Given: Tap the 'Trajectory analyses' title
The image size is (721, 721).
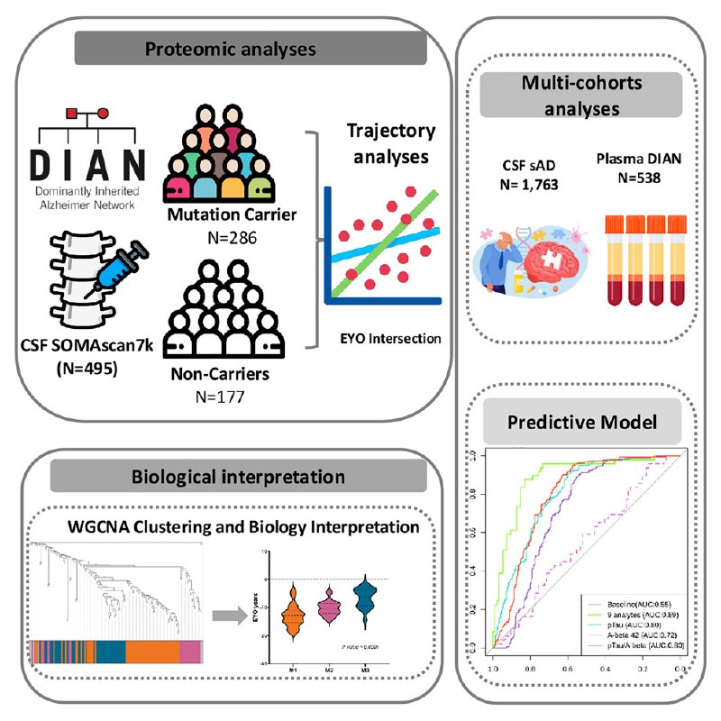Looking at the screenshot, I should pyautogui.click(x=391, y=142).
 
